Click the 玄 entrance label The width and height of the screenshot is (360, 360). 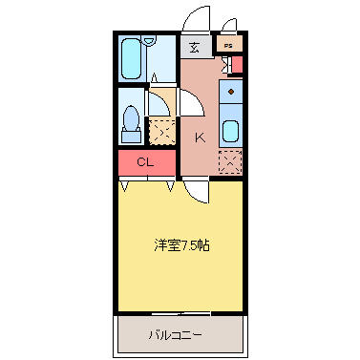point(195,48)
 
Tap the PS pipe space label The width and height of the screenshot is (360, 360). point(228,46)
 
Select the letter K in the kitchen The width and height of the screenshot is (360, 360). point(200,138)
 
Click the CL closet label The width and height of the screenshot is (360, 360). point(145,162)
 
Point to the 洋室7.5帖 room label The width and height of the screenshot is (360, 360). point(181,245)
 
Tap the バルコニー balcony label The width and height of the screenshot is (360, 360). point(175,335)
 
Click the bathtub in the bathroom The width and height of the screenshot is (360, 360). point(131,59)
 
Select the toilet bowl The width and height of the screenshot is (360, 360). point(131,118)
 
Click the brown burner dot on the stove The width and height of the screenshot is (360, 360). point(231,92)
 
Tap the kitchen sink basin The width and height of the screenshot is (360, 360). point(231,132)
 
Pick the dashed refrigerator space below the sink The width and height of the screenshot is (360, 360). point(231,162)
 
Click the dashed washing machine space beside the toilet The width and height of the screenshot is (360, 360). point(162,132)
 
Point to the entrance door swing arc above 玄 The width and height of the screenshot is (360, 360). point(195,18)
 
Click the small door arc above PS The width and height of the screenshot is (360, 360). point(229,25)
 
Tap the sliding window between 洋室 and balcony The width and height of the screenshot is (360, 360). point(180,314)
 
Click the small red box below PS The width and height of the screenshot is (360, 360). point(237,65)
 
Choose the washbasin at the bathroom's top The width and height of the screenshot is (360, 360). point(149,41)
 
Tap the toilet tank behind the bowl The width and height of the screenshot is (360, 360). point(131,137)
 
